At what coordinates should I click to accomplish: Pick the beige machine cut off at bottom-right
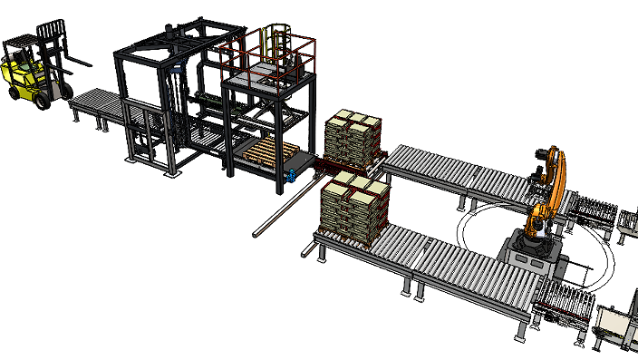tap(616, 326)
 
